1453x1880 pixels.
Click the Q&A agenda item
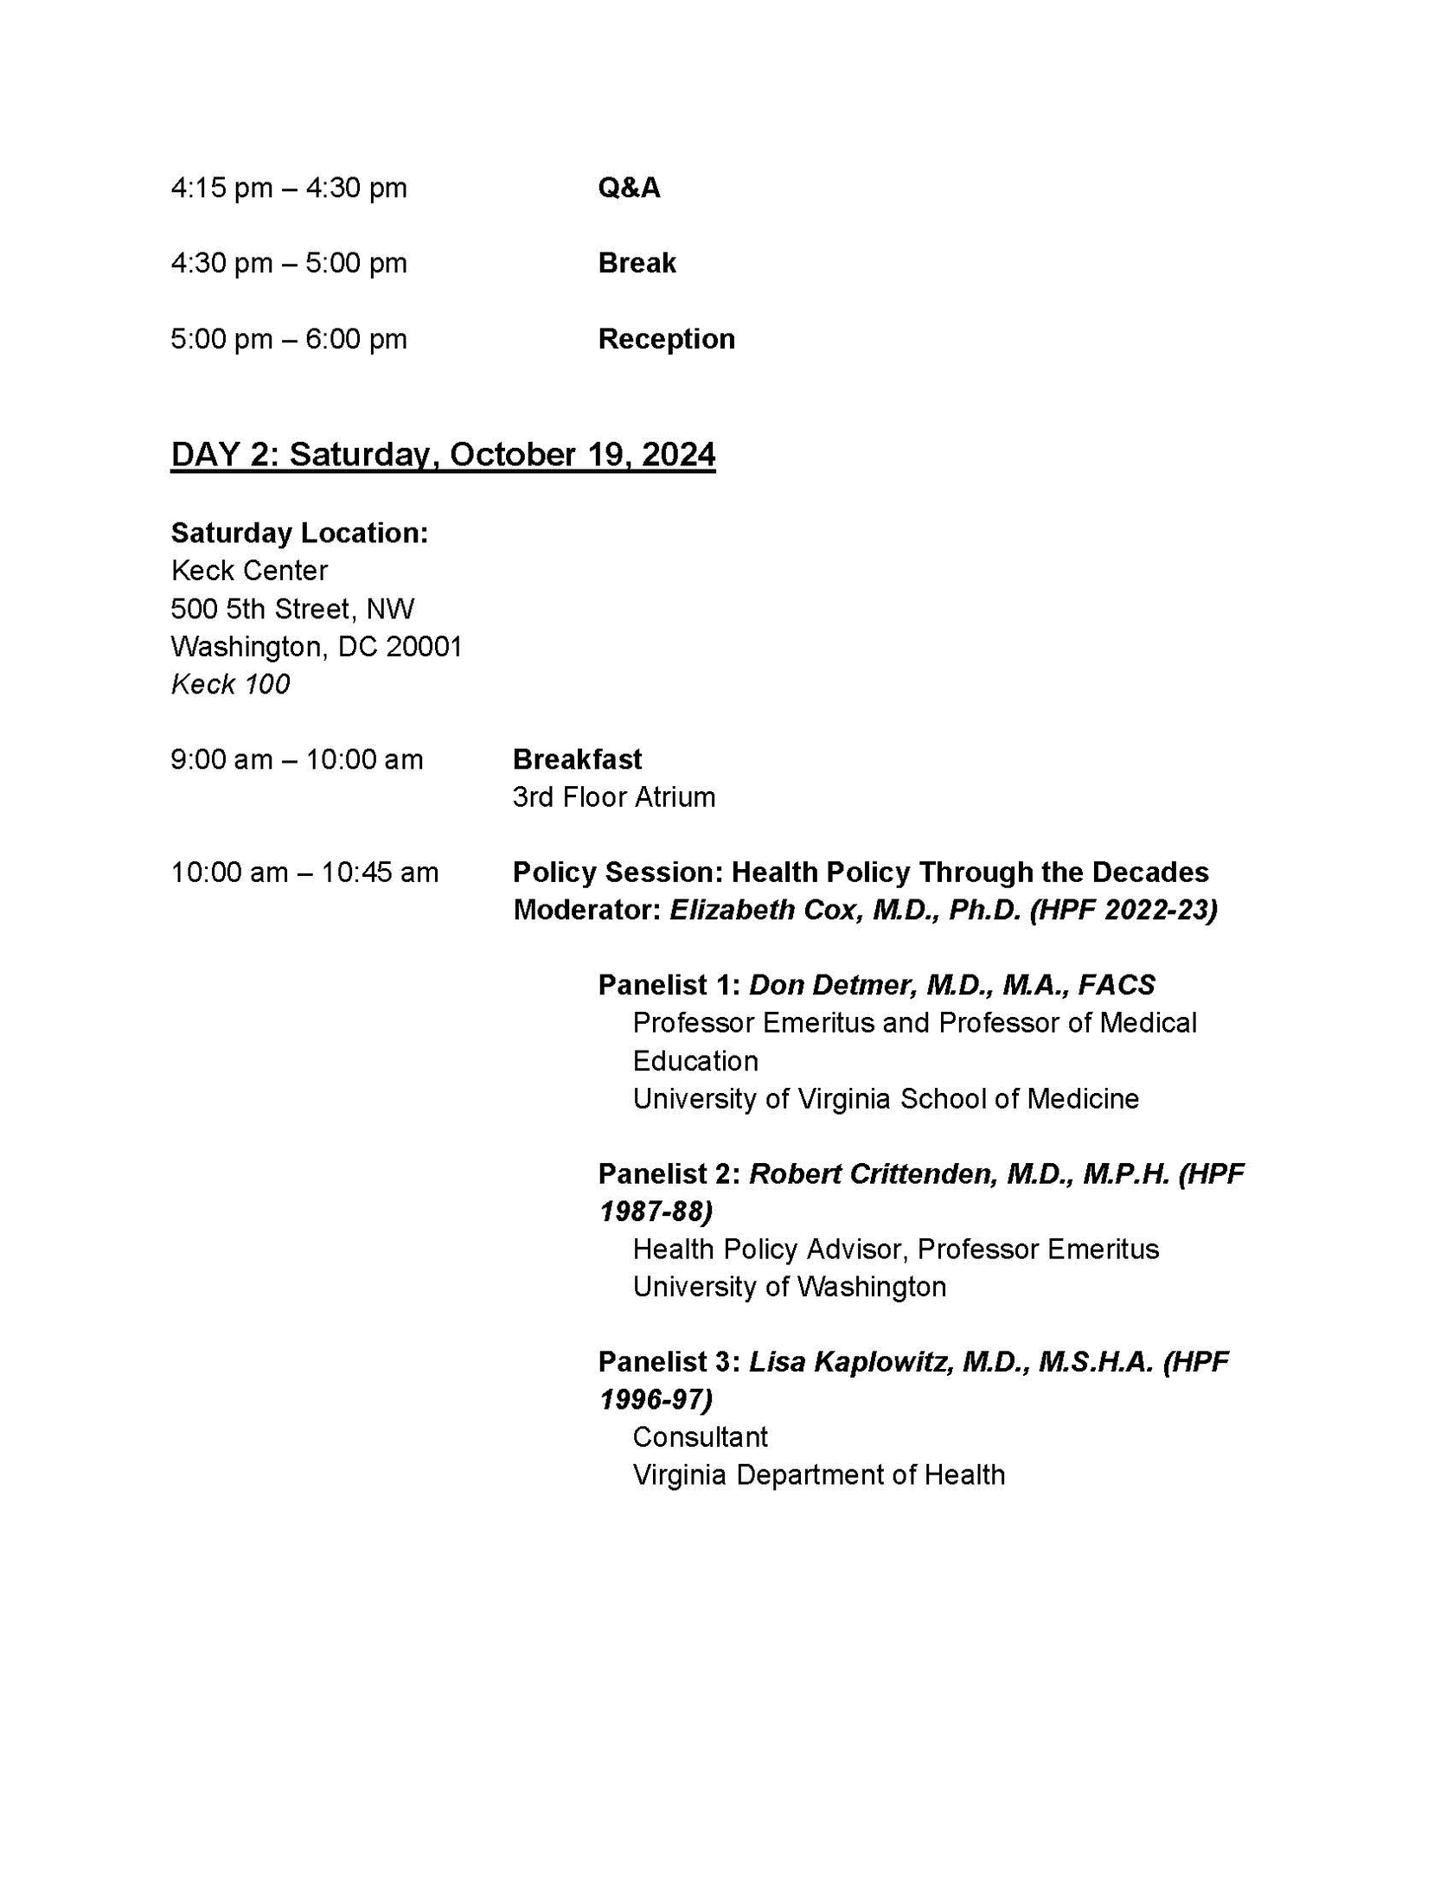point(629,188)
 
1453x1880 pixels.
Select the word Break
point(637,263)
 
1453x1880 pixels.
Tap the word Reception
point(666,339)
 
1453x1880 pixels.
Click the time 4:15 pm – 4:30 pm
point(289,188)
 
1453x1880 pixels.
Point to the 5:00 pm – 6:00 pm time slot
point(289,339)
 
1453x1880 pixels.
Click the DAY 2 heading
point(443,454)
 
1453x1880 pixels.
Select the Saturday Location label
point(299,533)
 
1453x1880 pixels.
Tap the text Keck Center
point(249,571)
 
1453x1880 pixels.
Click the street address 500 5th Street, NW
point(292,609)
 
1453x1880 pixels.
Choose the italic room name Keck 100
point(230,684)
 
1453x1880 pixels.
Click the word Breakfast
point(577,759)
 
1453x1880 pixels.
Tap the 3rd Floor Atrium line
point(613,797)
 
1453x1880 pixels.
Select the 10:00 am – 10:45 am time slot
point(304,873)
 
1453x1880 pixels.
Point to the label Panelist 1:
point(669,985)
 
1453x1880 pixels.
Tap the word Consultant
point(700,1437)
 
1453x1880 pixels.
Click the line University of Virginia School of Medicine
point(886,1098)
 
